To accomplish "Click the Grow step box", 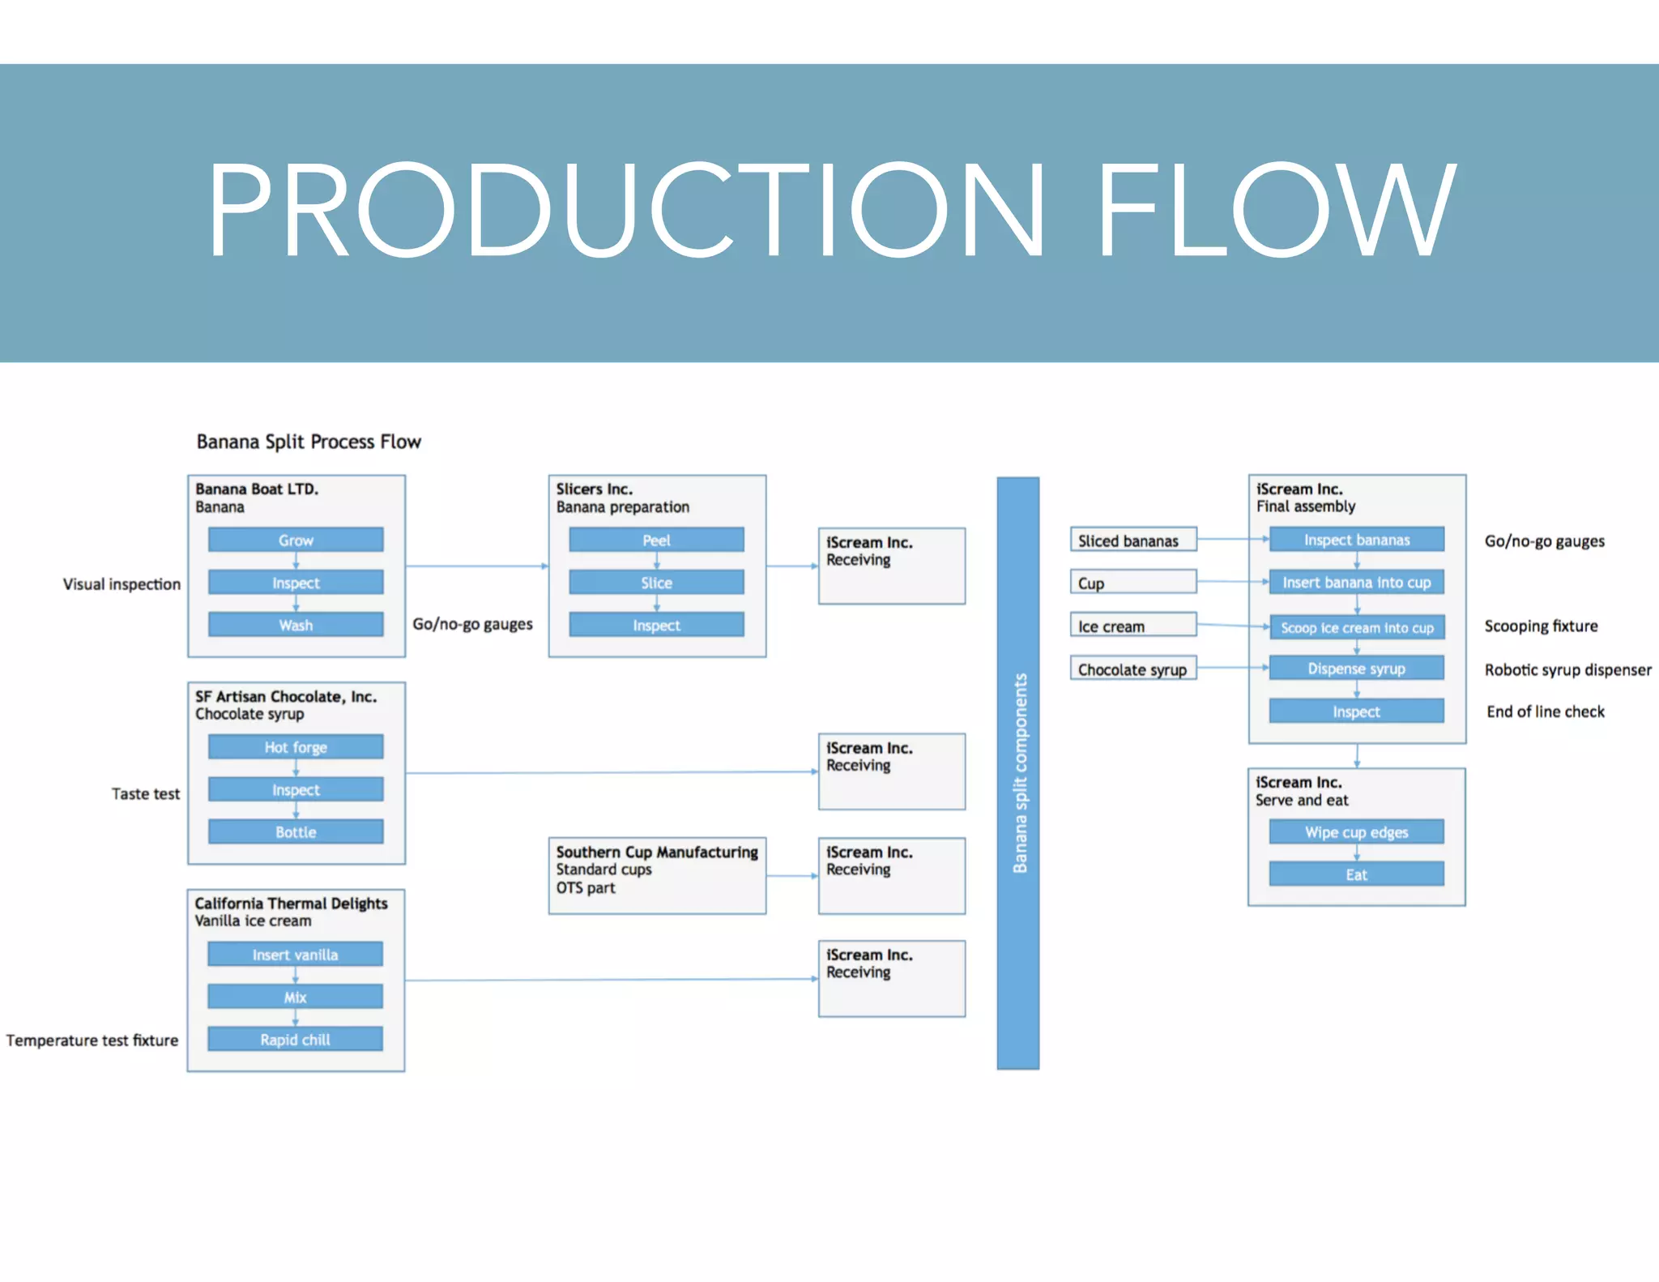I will coord(296,540).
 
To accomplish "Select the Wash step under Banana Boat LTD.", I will coord(296,625).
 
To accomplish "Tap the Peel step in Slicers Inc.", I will coord(656,540).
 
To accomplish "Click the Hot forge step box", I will coord(296,747).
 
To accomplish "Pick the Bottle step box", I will coord(296,831).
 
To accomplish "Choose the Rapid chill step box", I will coord(295,1039).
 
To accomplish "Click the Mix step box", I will coord(295,997).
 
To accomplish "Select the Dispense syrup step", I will coord(1356,669).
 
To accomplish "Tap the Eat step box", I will coord(1356,874).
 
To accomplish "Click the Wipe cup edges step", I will coord(1356,832).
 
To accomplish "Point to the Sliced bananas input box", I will coord(1132,541).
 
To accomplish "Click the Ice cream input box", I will coord(1132,626).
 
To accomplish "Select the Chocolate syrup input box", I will coord(1132,669).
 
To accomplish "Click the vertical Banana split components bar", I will coord(1018,773).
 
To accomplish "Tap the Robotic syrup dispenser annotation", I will coord(1567,669).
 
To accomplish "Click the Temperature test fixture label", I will coord(92,1040).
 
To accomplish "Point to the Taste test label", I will coord(146,793).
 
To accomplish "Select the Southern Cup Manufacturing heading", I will coord(657,852).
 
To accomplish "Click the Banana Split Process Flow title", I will coord(309,442).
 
